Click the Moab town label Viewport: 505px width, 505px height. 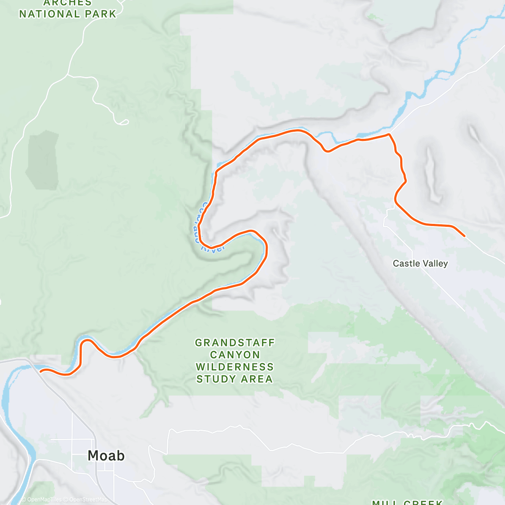coord(106,455)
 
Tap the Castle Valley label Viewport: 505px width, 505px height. coord(420,263)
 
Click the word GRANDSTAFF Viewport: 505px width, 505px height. coord(235,343)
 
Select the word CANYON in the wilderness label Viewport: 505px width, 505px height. coord(235,355)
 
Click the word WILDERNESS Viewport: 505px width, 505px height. coord(235,367)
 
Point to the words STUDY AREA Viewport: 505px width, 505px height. coord(235,379)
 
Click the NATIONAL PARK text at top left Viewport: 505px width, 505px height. coord(67,14)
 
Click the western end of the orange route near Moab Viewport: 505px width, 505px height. coord(41,371)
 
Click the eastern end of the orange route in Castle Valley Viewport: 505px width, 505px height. coord(464,236)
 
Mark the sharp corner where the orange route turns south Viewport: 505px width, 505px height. coord(389,134)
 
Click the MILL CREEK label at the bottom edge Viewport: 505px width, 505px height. coord(407,502)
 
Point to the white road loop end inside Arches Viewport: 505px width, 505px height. coord(125,122)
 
